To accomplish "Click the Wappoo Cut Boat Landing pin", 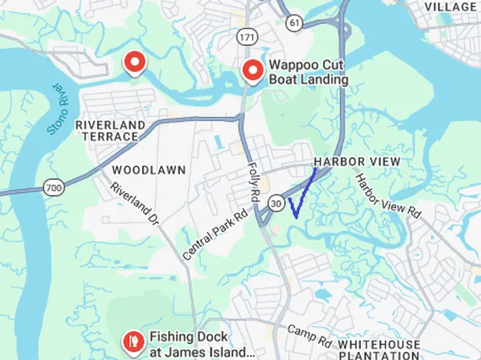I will [x=254, y=71].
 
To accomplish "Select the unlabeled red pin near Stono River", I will [x=134, y=62].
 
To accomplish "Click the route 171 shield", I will [x=246, y=37].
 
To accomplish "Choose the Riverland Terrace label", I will [x=110, y=131].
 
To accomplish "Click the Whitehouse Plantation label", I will [x=379, y=349].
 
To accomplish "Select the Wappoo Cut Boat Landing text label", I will [x=308, y=73].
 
